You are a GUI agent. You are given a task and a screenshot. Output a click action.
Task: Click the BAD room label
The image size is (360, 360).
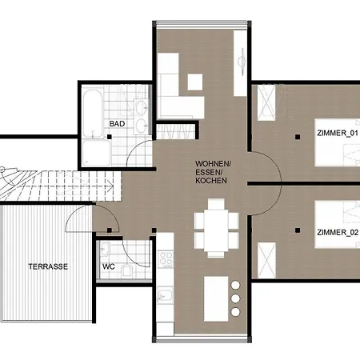117,124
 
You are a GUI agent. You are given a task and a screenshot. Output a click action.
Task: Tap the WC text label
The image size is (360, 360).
109,266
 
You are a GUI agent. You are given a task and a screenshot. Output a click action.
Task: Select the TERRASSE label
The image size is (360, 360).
48,266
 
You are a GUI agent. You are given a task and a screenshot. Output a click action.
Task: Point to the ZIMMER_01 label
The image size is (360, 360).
338,133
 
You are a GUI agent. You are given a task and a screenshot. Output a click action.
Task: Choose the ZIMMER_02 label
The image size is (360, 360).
338,233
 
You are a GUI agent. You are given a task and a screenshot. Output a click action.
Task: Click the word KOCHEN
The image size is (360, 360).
211,181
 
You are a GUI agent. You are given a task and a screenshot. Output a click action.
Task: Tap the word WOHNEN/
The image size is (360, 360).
214,163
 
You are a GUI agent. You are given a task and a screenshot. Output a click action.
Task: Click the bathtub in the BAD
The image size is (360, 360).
93,114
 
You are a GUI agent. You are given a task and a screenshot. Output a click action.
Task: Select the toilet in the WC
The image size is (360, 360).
126,270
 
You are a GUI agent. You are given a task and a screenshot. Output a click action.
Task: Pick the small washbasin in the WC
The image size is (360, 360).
105,249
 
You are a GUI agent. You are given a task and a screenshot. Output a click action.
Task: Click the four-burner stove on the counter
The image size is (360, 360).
166,259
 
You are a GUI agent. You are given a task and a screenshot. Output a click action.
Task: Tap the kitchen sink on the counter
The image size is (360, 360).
165,295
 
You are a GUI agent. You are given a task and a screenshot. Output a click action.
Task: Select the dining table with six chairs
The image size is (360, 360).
216,228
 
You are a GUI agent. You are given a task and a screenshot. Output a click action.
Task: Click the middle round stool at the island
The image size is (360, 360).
235,298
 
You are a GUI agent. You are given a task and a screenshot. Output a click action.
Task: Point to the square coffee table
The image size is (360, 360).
195,82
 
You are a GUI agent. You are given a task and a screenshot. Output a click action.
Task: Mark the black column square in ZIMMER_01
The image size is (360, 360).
298,137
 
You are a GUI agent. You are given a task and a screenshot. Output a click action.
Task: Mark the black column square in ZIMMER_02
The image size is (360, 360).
298,230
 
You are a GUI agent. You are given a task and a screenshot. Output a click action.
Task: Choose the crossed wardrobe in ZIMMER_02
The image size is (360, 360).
266,260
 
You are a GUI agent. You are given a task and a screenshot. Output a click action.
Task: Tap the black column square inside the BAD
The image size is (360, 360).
110,137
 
